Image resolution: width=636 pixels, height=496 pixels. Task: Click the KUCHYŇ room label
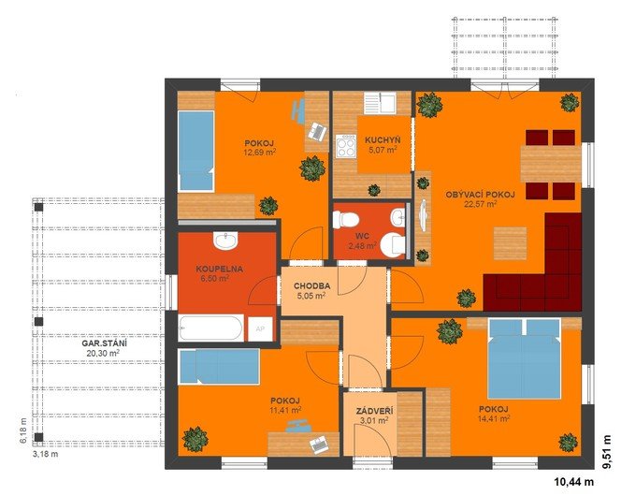[x=383, y=140]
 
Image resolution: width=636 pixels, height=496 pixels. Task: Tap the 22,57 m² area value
[x=481, y=204]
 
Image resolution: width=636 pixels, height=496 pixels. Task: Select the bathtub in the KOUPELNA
[x=211, y=328]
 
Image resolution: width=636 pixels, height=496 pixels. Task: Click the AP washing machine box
[x=260, y=328]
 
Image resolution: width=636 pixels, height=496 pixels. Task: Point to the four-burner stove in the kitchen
[x=345, y=146]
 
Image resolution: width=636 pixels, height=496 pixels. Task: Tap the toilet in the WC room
[x=345, y=220]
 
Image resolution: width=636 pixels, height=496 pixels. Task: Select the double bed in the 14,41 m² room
[x=525, y=358]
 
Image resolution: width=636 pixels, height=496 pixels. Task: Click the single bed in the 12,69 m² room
[x=195, y=151]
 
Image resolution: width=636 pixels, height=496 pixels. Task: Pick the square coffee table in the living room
[x=511, y=243]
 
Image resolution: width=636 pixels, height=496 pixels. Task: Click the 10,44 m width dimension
[x=573, y=482]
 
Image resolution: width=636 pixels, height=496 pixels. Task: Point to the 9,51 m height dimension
[x=607, y=452]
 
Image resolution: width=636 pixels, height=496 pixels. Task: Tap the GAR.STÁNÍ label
[x=102, y=343]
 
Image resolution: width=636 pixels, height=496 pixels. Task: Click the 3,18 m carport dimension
[x=45, y=454]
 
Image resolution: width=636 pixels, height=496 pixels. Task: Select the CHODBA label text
[x=311, y=285]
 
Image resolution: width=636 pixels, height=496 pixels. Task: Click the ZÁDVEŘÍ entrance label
[x=374, y=411]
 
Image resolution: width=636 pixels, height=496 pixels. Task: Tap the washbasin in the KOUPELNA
[x=225, y=241]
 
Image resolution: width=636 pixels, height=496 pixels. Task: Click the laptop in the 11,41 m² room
[x=319, y=445]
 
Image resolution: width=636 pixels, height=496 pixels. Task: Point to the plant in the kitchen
[x=373, y=190]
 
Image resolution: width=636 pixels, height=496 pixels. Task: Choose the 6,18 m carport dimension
[x=23, y=430]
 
